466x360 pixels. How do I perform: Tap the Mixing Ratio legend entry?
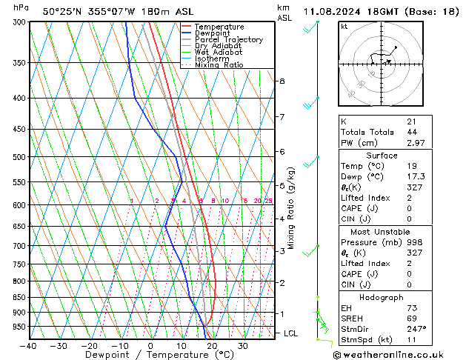(x=219, y=65)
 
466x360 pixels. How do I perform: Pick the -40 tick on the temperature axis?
(x=29, y=345)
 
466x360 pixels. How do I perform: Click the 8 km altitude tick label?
(x=282, y=81)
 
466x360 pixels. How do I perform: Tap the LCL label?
(x=291, y=334)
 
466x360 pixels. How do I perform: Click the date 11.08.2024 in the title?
(x=333, y=11)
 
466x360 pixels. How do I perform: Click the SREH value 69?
(x=412, y=318)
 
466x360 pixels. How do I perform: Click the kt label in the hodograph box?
(x=344, y=26)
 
